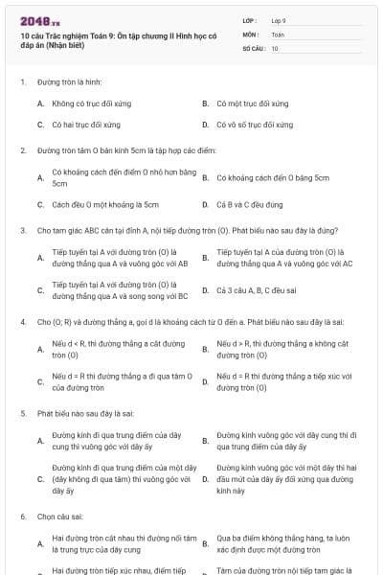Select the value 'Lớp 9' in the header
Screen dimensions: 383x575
(279, 19)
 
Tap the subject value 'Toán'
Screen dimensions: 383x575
(278, 34)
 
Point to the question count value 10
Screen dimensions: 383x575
(275, 47)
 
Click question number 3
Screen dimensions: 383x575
(22, 230)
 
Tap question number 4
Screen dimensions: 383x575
(22, 322)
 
